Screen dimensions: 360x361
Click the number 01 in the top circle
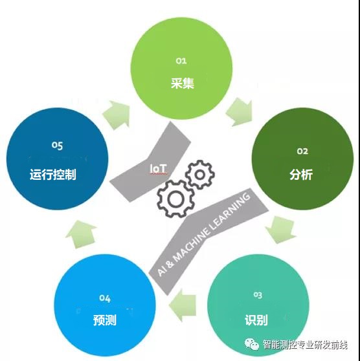click(181, 61)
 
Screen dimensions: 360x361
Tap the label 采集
click(183, 83)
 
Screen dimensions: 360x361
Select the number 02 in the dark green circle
click(302, 151)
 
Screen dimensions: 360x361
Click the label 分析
click(301, 174)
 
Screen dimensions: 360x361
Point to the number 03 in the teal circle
click(258, 295)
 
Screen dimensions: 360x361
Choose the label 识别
click(256, 320)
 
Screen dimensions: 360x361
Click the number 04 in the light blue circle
click(105, 298)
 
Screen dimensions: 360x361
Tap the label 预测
click(105, 320)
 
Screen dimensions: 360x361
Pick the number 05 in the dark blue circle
click(57, 146)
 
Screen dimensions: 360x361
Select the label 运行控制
click(53, 174)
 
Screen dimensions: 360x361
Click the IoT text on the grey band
click(158, 168)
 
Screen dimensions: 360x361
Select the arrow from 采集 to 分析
click(240, 112)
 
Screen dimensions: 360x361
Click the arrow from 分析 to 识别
click(280, 230)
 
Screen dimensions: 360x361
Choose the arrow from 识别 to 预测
click(183, 305)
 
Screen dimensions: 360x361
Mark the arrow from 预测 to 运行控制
click(82, 234)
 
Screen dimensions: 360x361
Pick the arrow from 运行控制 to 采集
click(117, 115)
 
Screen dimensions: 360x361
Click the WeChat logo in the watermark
click(252, 344)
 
